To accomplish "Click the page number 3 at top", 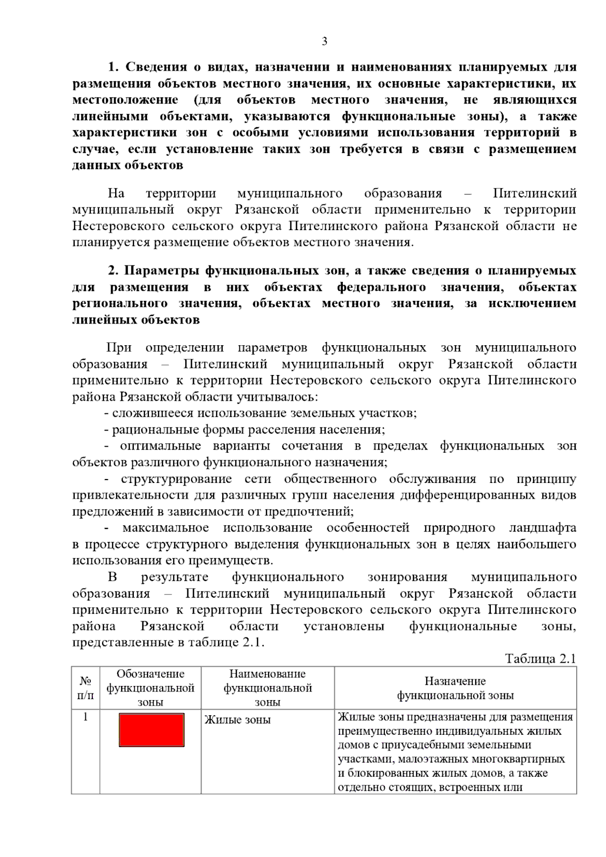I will pyautogui.click(x=324, y=42).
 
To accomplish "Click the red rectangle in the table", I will pyautogui.click(x=151, y=729).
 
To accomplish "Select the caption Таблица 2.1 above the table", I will pyautogui.click(x=540, y=659).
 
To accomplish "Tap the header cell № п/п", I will pyautogui.click(x=85, y=688).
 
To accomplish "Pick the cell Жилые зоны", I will pyautogui.click(x=237, y=720).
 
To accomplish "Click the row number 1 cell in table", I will pyautogui.click(x=85, y=717).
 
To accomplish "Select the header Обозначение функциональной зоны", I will pyautogui.click(x=150, y=688).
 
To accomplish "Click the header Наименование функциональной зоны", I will pyautogui.click(x=268, y=688).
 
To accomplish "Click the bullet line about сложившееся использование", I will pyautogui.click(x=260, y=413).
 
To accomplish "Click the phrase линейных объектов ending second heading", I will pyautogui.click(x=136, y=320).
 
